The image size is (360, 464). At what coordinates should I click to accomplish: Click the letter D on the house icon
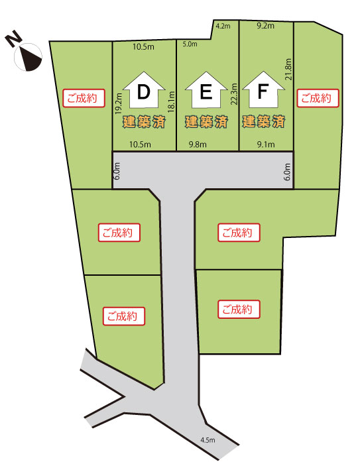tap(144, 92)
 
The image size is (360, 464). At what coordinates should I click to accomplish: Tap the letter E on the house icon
tap(206, 92)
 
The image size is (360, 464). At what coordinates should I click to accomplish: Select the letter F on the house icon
tap(263, 91)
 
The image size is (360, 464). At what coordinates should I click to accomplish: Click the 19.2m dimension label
tap(119, 103)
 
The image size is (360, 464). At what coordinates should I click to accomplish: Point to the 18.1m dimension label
tap(172, 101)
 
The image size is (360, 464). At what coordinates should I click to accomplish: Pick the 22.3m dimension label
tap(234, 94)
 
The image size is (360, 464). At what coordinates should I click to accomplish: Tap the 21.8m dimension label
tap(288, 69)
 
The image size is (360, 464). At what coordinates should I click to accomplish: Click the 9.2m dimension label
tap(266, 26)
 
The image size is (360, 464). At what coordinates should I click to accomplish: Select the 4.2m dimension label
tap(223, 26)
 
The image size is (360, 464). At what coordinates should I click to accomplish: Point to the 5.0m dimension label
tap(190, 44)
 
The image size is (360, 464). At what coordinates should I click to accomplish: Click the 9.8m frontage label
tap(198, 145)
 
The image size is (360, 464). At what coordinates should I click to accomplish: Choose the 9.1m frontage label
tap(266, 145)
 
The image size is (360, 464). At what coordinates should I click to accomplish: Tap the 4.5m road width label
tap(208, 440)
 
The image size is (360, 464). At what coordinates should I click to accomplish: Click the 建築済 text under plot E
tap(206, 121)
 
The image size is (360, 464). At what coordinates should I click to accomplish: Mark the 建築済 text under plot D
tap(144, 121)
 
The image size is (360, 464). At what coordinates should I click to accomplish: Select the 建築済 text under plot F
tap(264, 121)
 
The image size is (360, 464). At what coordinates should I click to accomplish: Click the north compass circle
tap(28, 57)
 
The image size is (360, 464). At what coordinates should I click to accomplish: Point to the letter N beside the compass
tap(13, 40)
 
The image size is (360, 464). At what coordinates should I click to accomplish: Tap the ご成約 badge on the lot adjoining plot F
tap(318, 98)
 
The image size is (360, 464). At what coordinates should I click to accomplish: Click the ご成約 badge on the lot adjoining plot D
tap(84, 98)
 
